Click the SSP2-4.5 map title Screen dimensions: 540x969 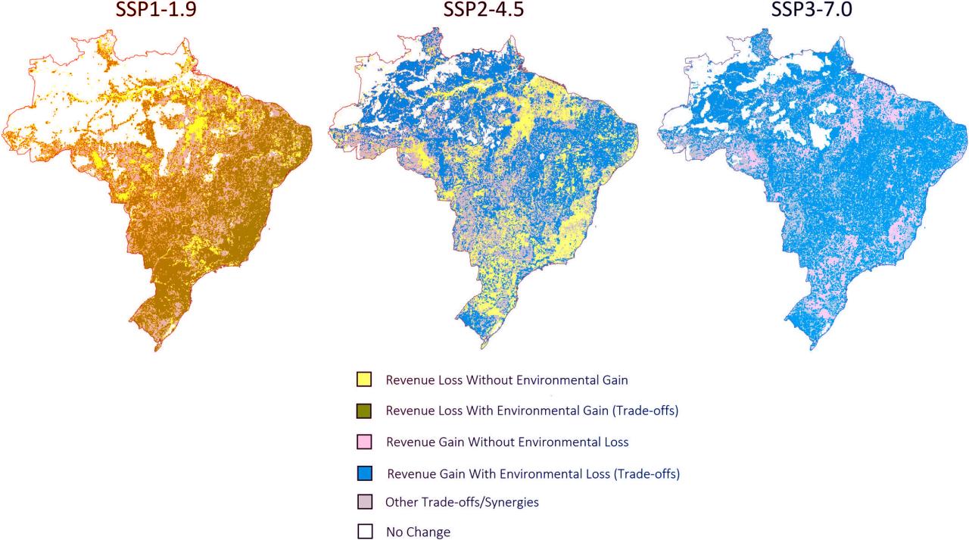point(484,12)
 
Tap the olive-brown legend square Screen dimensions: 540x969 point(364,410)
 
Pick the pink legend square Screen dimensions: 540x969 point(364,442)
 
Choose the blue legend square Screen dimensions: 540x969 point(364,474)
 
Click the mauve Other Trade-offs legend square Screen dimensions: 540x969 point(364,502)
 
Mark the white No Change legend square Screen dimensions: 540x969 point(364,532)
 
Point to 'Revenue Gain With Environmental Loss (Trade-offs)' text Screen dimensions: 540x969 point(533,474)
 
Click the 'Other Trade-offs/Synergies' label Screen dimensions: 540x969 point(462,502)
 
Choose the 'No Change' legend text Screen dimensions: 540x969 point(418,532)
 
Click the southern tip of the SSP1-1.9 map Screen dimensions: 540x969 point(155,351)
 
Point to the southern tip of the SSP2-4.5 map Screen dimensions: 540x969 point(482,349)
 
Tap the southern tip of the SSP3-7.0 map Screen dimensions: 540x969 point(811,349)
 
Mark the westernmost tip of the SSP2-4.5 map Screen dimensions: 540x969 point(330,134)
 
